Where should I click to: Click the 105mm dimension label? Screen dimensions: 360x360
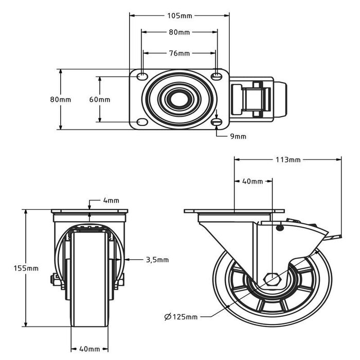[179, 15]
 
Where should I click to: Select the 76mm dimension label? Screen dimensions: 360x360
[179, 53]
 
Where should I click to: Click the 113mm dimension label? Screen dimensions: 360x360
[288, 159]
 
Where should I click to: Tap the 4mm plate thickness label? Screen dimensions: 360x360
[111, 200]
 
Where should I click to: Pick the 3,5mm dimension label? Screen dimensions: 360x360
[157, 260]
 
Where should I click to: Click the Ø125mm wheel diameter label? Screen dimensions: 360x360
[181, 317]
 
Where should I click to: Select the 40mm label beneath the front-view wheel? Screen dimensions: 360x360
[89, 350]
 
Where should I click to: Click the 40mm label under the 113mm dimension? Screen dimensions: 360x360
[253, 182]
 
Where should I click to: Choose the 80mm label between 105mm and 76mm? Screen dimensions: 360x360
[179, 32]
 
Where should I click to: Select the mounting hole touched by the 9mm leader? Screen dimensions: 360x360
[217, 122]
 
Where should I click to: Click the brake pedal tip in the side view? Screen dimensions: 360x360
[337, 237]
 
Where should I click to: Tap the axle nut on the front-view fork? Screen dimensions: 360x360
[53, 280]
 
